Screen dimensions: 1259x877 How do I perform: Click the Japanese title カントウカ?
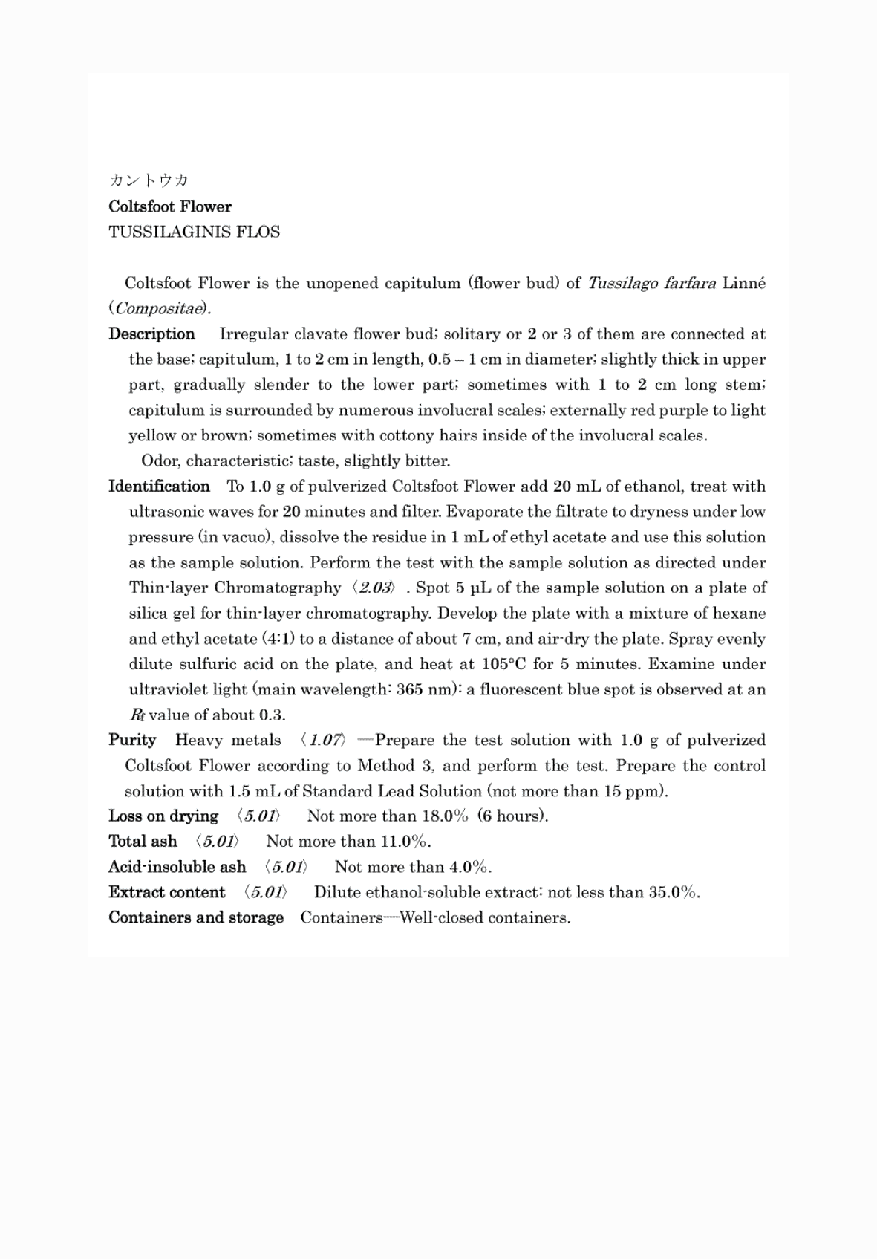(149, 180)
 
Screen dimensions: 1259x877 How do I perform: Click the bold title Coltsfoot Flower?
(170, 206)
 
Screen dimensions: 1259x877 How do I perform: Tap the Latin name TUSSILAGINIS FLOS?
(195, 232)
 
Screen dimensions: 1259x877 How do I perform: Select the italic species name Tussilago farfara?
(651, 283)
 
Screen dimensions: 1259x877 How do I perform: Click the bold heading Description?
(151, 334)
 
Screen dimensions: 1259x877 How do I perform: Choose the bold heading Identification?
(159, 487)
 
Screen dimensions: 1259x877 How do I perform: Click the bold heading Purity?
(132, 740)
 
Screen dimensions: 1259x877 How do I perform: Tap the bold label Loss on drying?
(163, 816)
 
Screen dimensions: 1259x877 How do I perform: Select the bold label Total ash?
(143, 842)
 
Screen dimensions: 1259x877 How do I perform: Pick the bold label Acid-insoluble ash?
(177, 867)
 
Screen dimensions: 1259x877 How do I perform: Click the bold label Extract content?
(166, 892)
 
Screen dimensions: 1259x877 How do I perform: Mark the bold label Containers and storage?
(196, 917)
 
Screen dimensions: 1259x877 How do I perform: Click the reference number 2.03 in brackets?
(376, 588)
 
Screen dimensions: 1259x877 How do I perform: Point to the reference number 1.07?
(326, 741)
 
